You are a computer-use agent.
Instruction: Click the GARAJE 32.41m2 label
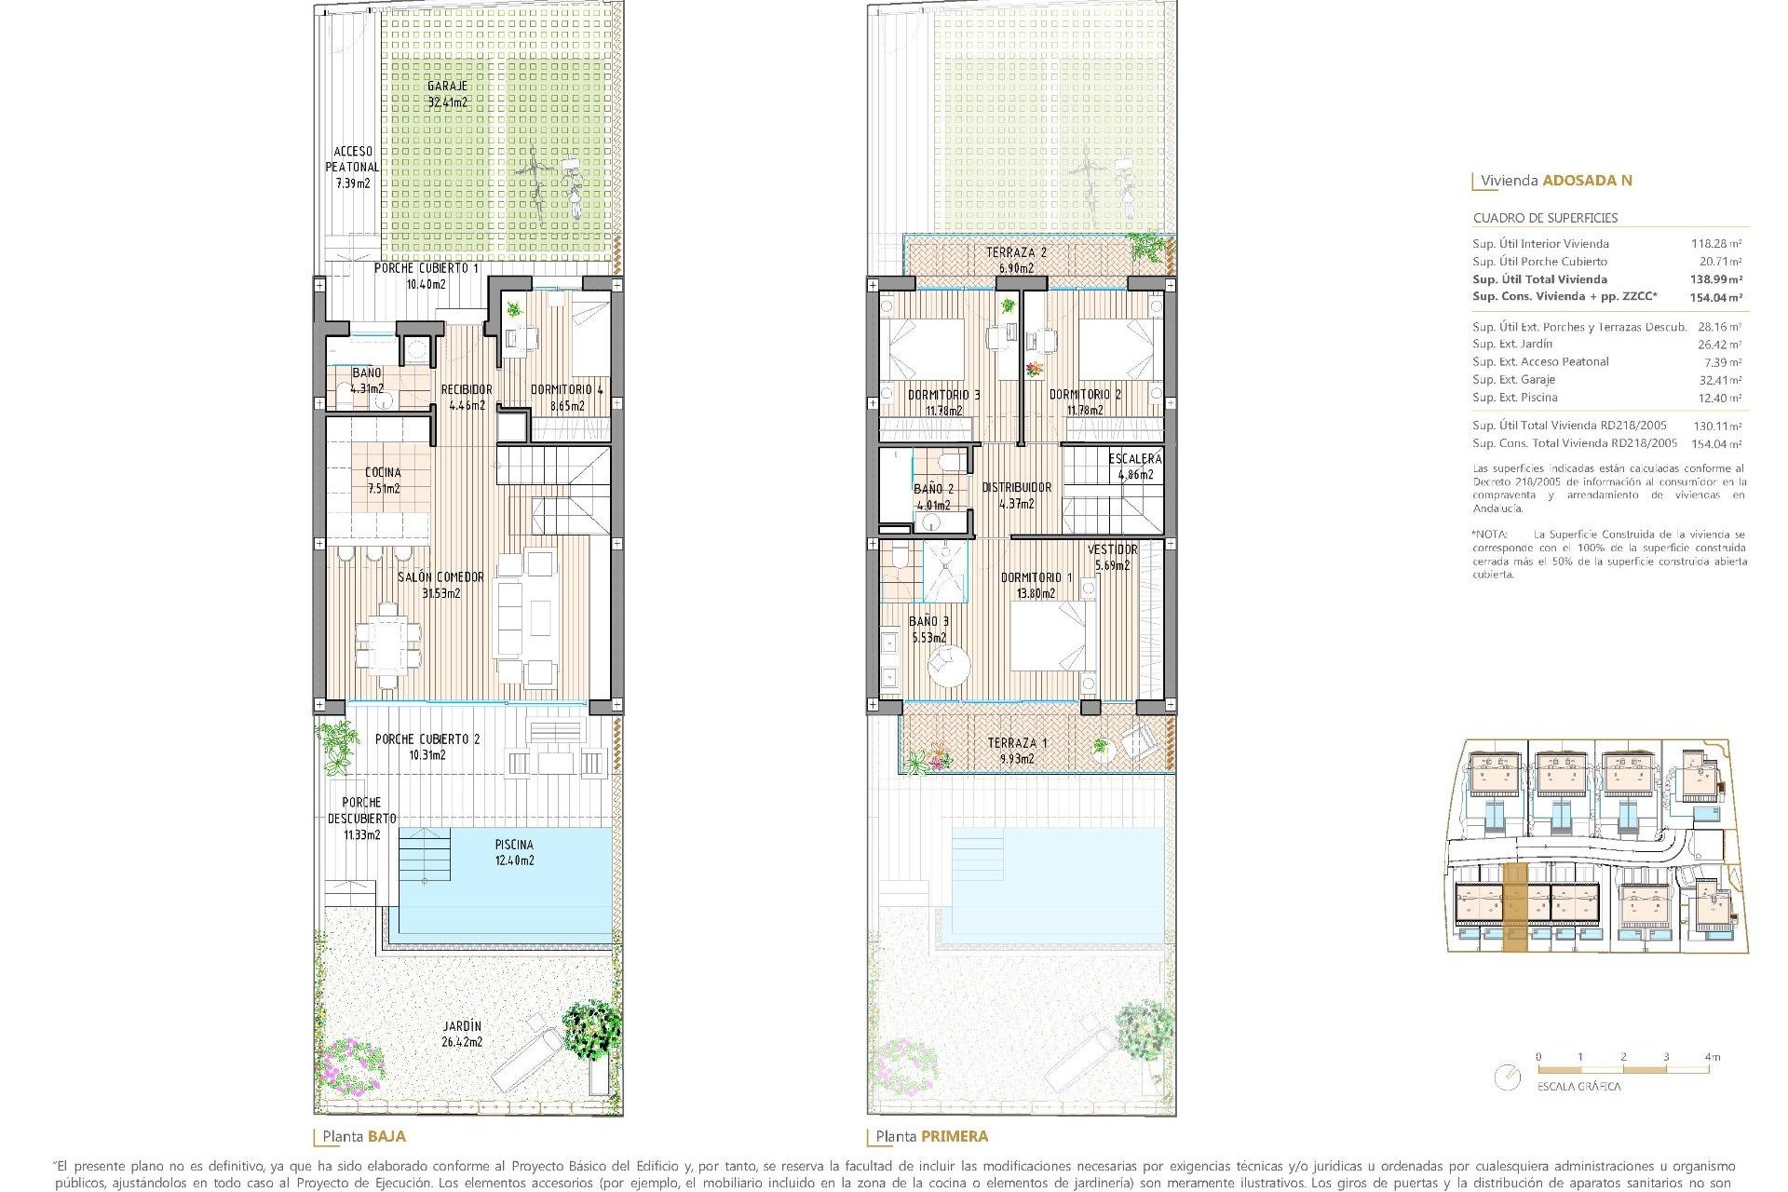[x=447, y=94]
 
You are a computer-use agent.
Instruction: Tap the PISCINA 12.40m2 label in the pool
[x=514, y=852]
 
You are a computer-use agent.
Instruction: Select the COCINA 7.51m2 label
[x=383, y=480]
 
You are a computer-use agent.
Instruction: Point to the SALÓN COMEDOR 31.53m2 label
[x=440, y=585]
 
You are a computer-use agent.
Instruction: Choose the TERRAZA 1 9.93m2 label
[x=1017, y=751]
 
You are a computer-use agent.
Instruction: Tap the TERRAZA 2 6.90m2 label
[x=1016, y=260]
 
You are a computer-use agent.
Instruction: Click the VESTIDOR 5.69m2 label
[x=1112, y=557]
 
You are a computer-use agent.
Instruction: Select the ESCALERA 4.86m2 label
[x=1134, y=466]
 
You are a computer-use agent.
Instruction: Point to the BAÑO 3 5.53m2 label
[x=928, y=630]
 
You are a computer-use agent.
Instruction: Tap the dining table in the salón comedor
[x=387, y=640]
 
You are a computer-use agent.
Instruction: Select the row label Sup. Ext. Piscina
[x=1514, y=398]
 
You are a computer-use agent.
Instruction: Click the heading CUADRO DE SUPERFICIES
[x=1545, y=218]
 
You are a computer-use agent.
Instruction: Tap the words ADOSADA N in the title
[x=1587, y=181]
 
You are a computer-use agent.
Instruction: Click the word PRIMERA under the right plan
[x=955, y=1136]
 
